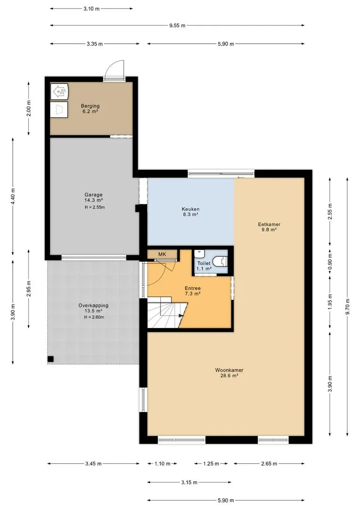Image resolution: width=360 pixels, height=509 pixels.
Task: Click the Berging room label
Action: tap(90, 106)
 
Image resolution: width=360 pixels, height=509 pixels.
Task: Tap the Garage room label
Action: tap(93, 195)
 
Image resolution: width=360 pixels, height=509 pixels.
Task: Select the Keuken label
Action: tap(190, 209)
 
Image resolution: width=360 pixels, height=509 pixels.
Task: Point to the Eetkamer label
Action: tap(269, 224)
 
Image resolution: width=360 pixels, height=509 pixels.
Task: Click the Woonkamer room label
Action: tap(229, 370)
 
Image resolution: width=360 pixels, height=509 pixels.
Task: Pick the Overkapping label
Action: tap(93, 305)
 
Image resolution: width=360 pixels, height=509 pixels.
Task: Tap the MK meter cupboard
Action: tap(162, 254)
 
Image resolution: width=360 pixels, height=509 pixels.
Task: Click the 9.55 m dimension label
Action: tap(177, 25)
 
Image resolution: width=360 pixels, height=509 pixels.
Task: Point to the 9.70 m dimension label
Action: tap(347, 306)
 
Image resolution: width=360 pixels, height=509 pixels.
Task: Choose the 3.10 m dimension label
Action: tap(91, 9)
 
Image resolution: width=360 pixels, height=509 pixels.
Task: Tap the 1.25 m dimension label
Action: tap(211, 464)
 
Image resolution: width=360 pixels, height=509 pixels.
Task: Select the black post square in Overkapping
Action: tap(50, 359)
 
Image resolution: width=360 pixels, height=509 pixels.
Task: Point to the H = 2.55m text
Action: tap(95, 207)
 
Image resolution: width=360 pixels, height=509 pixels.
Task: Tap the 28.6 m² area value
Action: tap(229, 376)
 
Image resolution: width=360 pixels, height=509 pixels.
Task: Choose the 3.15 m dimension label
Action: tap(189, 483)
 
